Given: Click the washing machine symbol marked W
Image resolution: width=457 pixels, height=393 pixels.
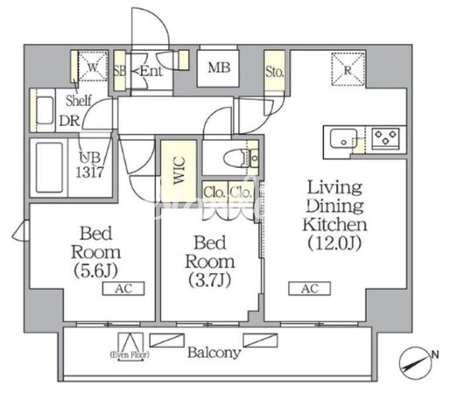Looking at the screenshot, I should (93, 66).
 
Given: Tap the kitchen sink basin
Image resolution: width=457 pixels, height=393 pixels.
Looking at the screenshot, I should (341, 137).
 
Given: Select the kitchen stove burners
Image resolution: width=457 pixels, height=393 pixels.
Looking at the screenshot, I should (384, 137).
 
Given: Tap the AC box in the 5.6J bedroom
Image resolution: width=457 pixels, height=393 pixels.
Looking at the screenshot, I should (116, 288).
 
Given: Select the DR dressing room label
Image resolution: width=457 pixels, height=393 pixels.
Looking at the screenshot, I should (69, 121).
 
